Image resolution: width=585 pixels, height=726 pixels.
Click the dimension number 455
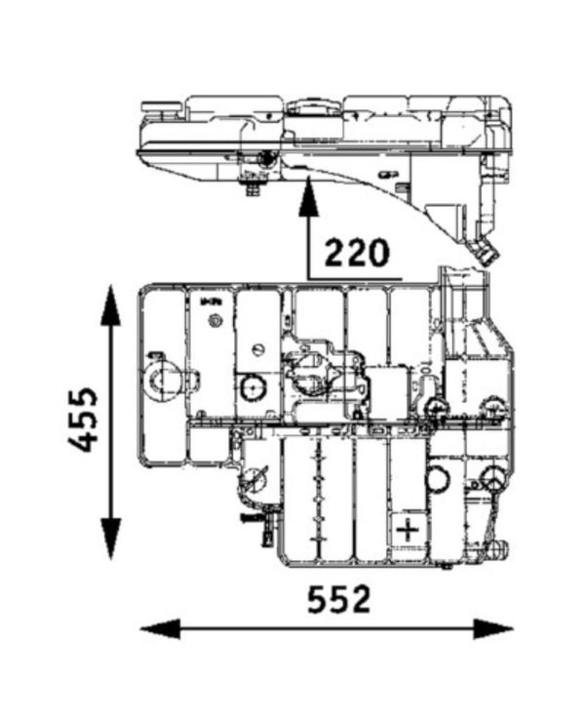click(85, 420)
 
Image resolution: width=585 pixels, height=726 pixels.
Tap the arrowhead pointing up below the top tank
click(309, 197)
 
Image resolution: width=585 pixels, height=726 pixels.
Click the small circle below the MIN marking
click(257, 349)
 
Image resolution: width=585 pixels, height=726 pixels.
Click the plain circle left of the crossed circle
click(437, 478)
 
